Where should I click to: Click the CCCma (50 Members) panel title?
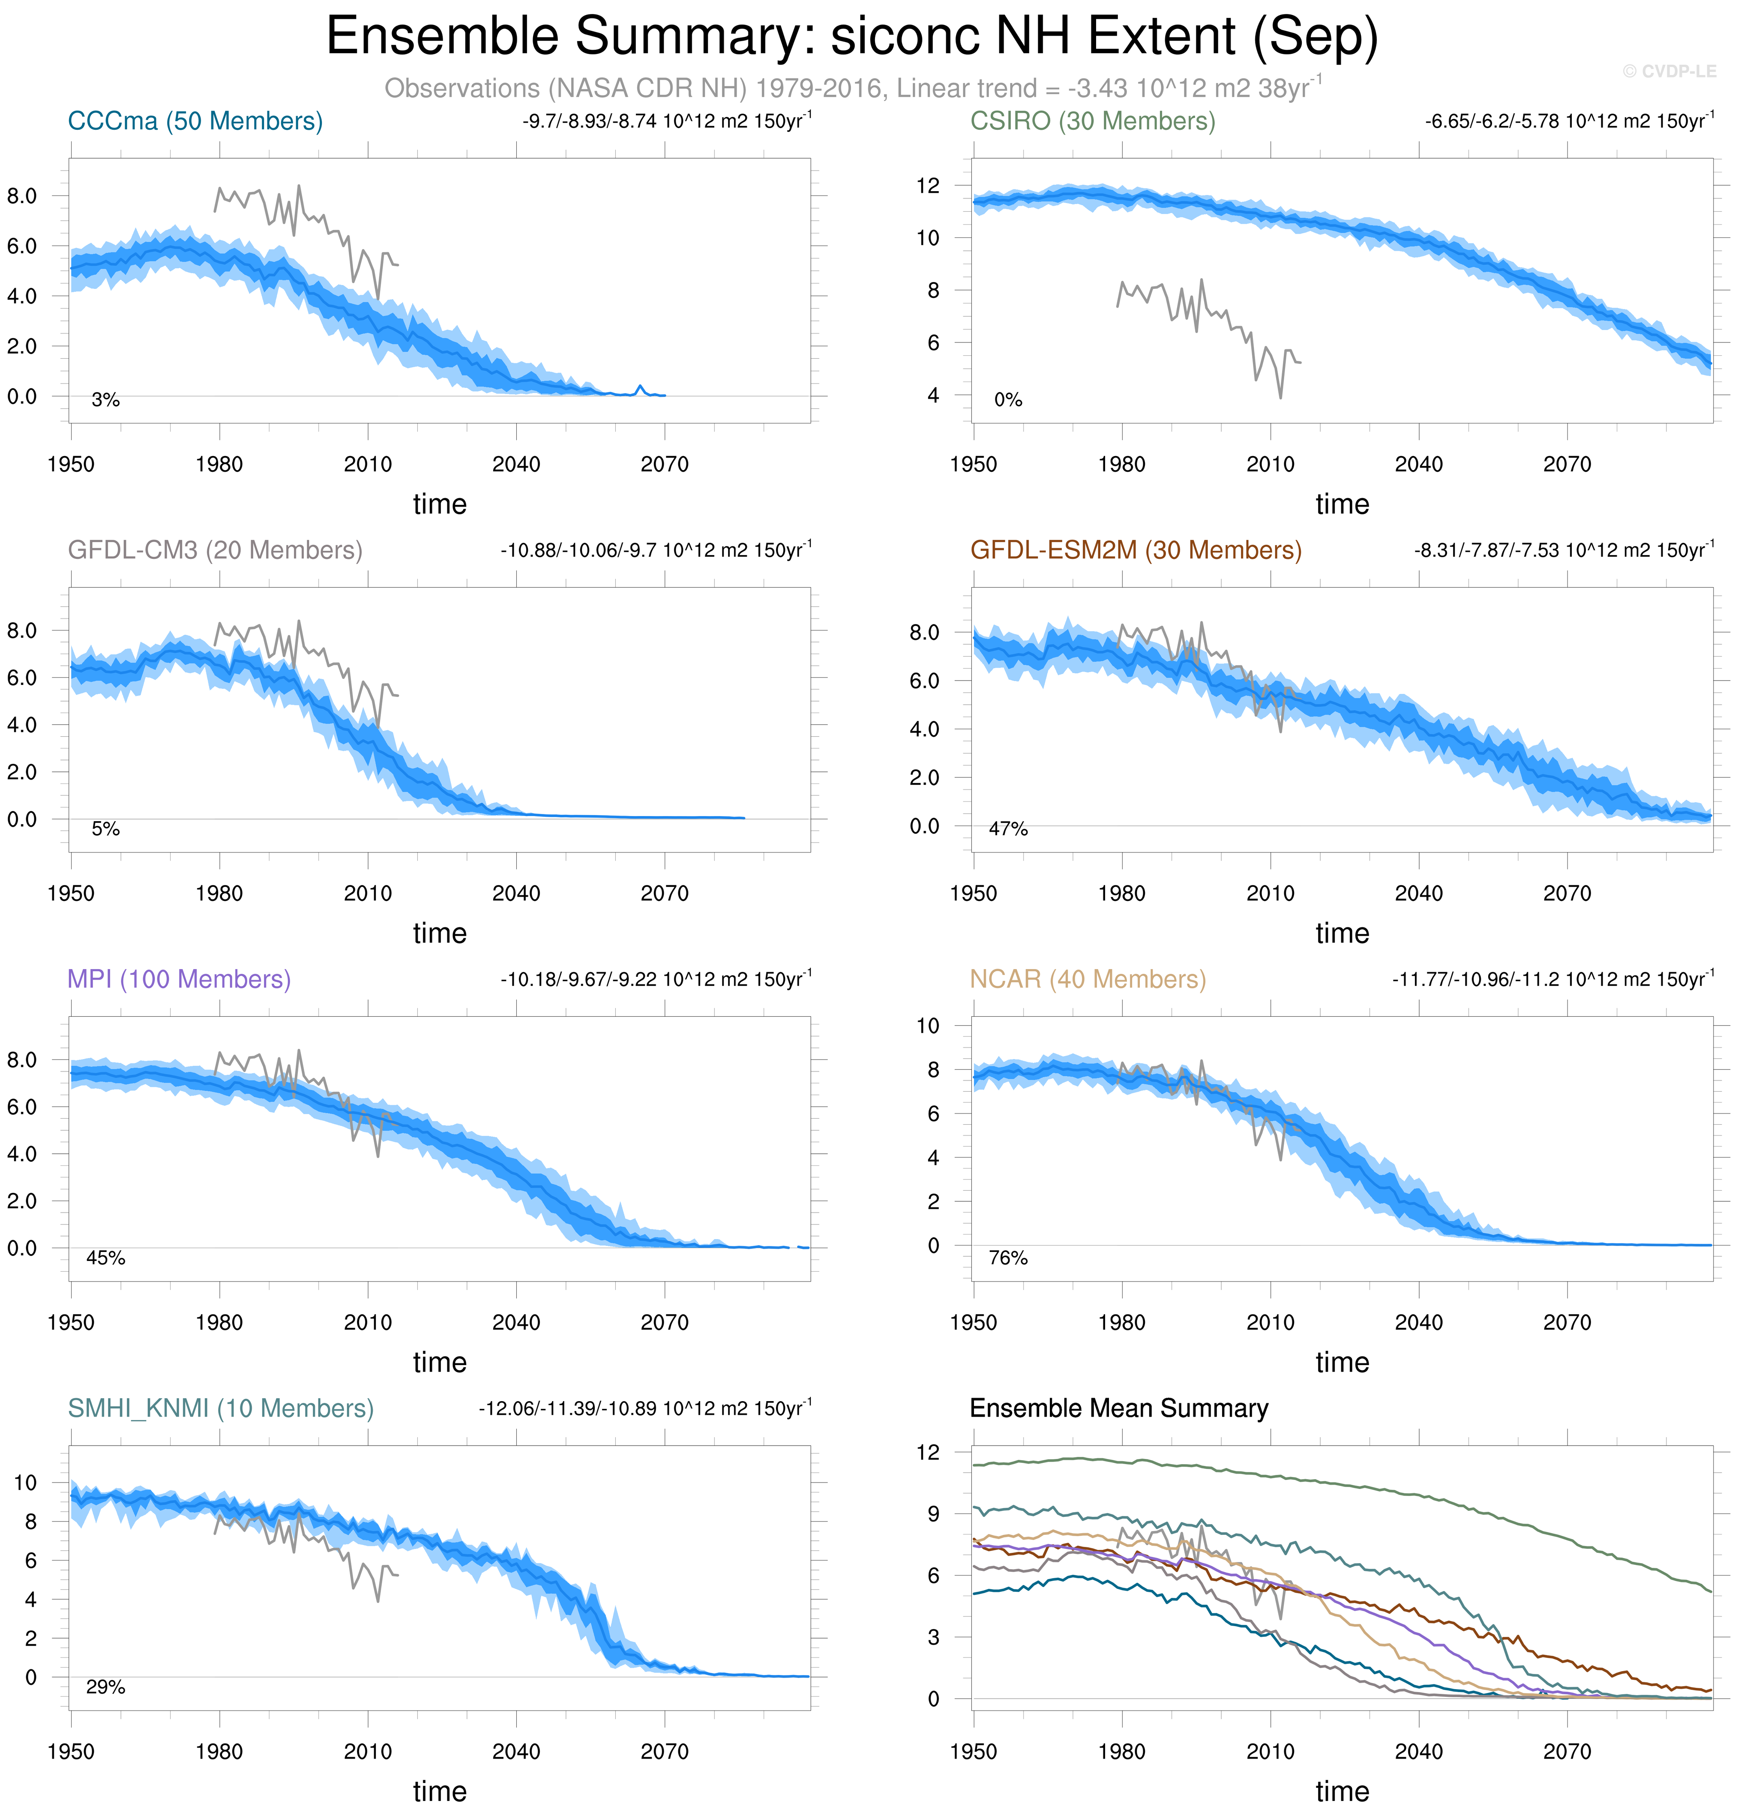coord(195,121)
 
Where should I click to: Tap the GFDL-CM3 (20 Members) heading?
coord(215,550)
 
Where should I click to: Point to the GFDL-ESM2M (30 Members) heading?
coord(1136,550)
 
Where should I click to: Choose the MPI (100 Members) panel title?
coord(179,979)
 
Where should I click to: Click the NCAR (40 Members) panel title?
coord(1088,979)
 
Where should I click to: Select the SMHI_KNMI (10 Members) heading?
coord(221,1408)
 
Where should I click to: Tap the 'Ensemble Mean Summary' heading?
coord(1118,1408)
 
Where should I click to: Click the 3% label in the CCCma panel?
coord(105,400)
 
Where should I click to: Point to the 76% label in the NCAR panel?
coord(1008,1258)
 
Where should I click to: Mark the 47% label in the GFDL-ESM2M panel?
coord(1008,829)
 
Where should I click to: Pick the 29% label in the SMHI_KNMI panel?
coord(105,1687)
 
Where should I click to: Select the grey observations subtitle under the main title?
coord(852,88)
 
